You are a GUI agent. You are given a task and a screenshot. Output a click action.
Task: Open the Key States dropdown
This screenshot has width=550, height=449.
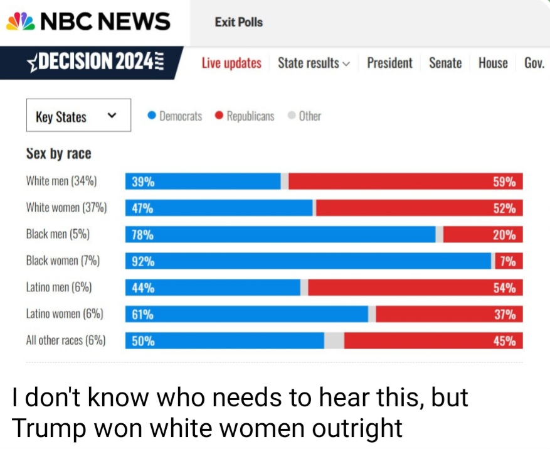tap(78, 116)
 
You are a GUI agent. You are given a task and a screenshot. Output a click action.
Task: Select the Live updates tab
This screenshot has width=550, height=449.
tap(231, 63)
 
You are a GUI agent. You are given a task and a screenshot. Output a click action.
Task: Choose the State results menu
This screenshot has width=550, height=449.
tap(314, 63)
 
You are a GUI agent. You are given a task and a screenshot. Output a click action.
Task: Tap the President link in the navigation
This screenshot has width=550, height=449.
tap(389, 63)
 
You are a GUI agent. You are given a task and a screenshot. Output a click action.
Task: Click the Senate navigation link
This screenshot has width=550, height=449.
tap(445, 63)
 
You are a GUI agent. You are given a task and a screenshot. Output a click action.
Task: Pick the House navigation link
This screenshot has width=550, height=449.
tap(493, 63)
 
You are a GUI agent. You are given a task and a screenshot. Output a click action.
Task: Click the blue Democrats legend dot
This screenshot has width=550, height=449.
tap(151, 116)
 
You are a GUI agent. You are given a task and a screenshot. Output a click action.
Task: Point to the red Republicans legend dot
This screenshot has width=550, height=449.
tap(219, 116)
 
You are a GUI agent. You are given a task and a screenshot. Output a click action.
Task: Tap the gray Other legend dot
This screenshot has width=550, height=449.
tap(292, 116)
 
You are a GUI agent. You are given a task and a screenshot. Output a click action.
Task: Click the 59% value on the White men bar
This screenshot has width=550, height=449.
tap(504, 182)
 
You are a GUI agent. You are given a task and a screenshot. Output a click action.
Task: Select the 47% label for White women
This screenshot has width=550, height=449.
tap(143, 208)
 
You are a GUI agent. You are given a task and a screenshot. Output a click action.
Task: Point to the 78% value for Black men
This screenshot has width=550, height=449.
tap(143, 235)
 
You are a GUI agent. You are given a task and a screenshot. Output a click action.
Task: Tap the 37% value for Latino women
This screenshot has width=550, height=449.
tap(504, 314)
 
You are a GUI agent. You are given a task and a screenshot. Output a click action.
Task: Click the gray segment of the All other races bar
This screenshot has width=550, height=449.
tap(334, 340)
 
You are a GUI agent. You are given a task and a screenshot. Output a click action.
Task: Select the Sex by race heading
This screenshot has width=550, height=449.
tap(58, 154)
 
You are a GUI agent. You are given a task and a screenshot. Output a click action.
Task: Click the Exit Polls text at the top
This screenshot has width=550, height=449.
tap(238, 22)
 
